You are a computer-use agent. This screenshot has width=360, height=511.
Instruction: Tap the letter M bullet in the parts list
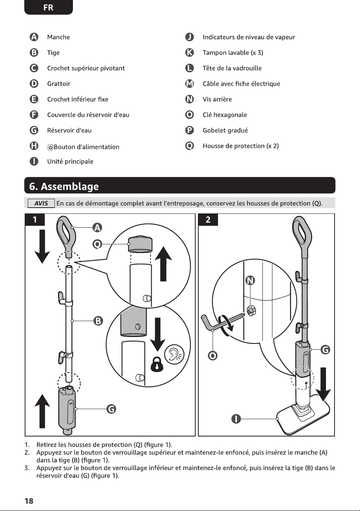pos(189,84)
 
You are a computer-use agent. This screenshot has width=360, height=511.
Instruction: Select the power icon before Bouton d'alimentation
pos(50,147)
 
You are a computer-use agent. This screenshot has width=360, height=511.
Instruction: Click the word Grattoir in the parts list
pos(59,84)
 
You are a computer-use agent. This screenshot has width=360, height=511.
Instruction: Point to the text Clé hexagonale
pos(225,115)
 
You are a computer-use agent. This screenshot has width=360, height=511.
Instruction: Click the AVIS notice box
pos(41,203)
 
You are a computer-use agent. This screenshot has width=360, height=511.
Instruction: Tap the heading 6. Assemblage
pos(64,186)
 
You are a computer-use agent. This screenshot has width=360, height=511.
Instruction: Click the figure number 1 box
pos(35,220)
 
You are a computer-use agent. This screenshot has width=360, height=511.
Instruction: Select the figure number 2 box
pos(208,220)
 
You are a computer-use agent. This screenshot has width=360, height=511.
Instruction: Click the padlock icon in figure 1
pos(157,364)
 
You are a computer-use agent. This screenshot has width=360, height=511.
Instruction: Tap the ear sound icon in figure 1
pos(174,354)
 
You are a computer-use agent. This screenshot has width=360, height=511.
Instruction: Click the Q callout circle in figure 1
pos(97,244)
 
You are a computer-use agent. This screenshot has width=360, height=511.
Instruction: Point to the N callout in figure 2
pos(250,280)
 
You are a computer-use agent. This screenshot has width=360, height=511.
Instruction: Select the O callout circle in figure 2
pos(213,355)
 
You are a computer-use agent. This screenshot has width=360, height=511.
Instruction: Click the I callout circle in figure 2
pos(236,419)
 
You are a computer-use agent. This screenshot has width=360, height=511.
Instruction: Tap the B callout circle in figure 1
pos(98,321)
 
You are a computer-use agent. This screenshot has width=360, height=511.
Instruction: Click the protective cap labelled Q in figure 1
pos(140,244)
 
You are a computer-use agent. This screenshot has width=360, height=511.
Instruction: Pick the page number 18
pos(29,501)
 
